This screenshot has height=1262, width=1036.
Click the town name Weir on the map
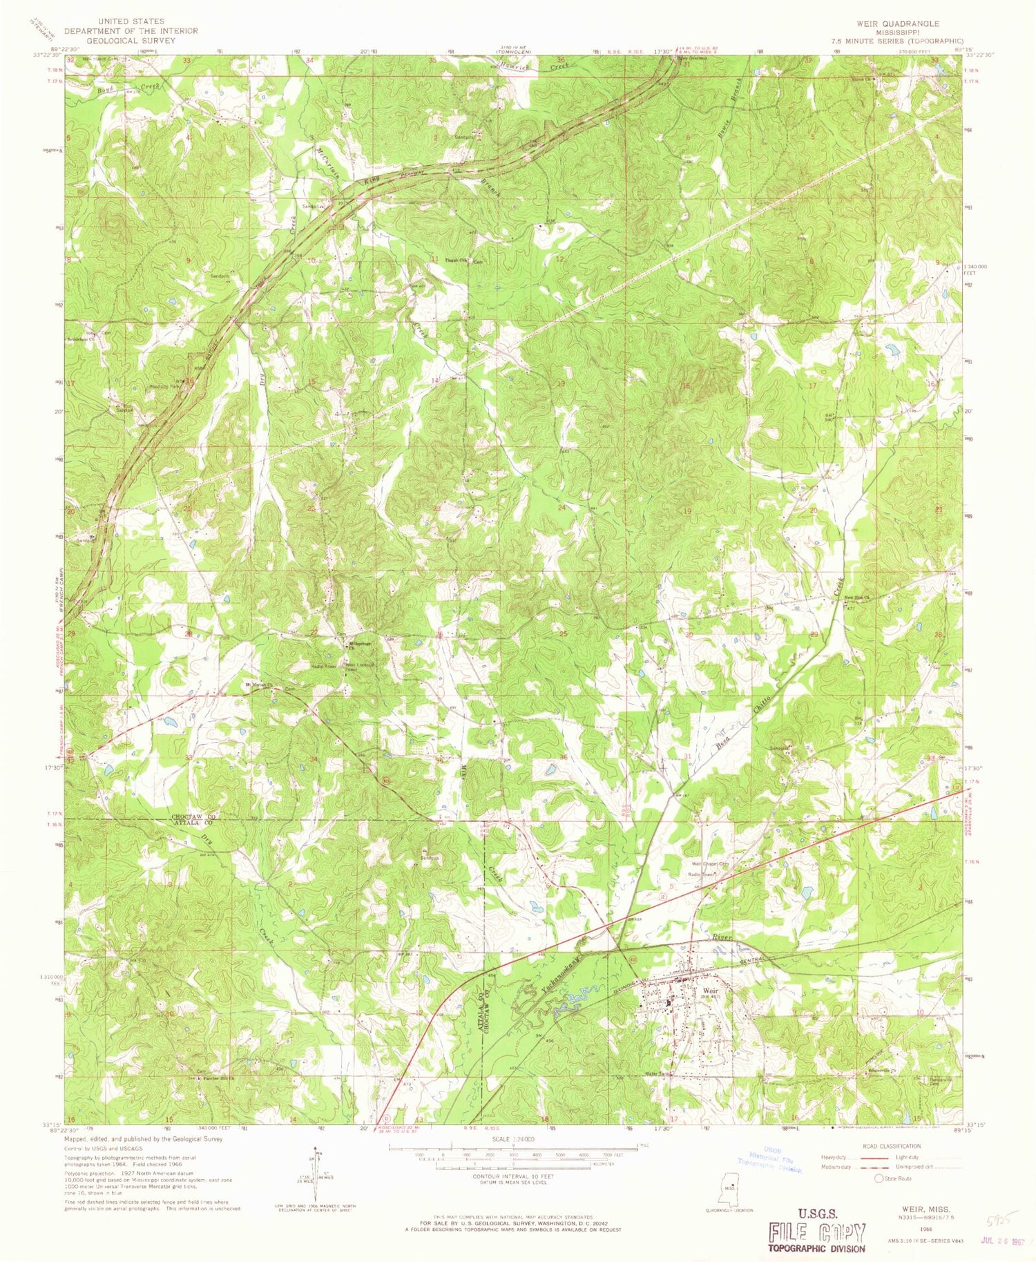[702, 988]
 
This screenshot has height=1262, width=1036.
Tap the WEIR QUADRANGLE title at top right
[897, 23]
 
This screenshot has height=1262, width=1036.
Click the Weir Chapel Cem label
[712, 863]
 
